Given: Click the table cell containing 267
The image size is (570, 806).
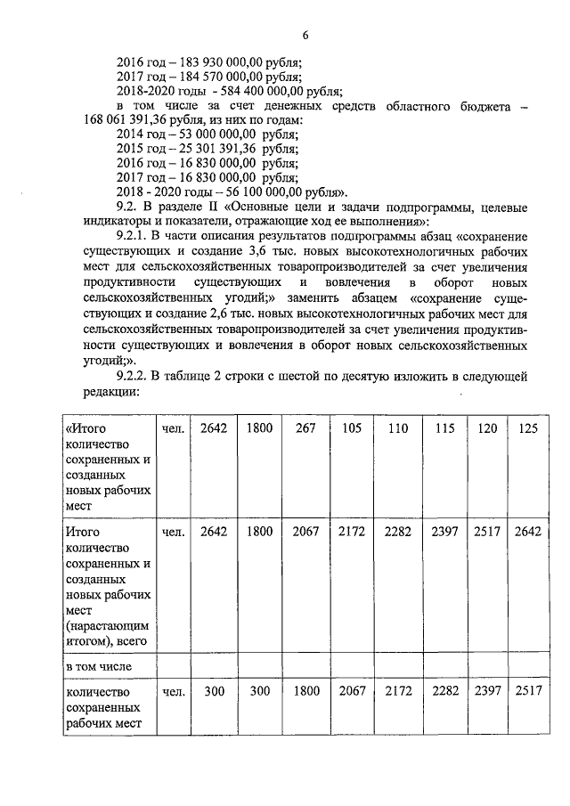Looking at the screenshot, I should coord(305,428).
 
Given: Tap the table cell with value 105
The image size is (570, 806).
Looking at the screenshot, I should coord(351,428).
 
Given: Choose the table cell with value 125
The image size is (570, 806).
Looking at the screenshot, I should coord(528,428).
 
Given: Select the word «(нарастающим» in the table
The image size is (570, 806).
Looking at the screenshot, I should coord(103,623).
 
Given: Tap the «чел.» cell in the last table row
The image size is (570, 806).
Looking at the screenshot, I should coord(174,691).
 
